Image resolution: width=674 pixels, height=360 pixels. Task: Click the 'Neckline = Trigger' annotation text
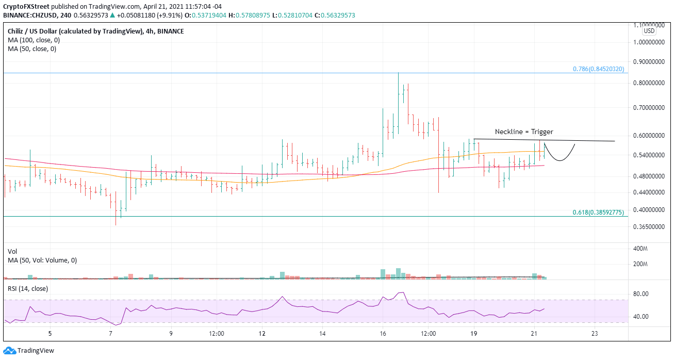click(524, 132)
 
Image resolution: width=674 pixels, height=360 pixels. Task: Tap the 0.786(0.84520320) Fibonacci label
click(599, 69)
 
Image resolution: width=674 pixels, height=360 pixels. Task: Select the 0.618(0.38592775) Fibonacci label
click(599, 212)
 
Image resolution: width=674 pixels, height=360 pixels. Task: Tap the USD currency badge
click(649, 31)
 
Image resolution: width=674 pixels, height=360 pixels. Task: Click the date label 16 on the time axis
click(383, 334)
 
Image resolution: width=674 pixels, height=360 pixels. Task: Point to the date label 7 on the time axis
click(111, 334)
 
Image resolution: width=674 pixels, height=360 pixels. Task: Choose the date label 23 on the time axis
click(595, 334)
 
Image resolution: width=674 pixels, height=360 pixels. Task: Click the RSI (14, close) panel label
click(28, 289)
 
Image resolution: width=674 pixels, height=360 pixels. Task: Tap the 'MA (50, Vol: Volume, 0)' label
click(42, 260)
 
